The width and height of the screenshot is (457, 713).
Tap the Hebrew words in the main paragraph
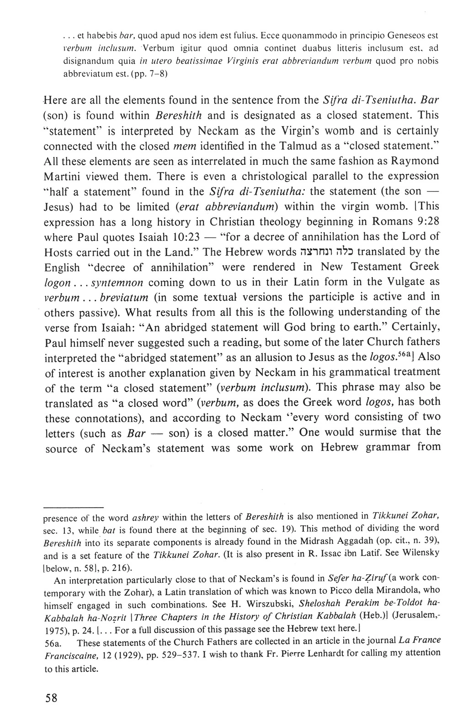(x=327, y=252)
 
